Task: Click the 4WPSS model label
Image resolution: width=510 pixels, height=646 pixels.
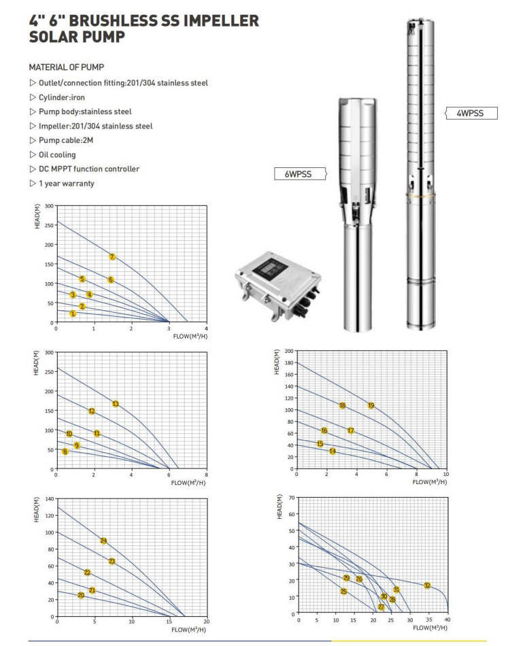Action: point(470,114)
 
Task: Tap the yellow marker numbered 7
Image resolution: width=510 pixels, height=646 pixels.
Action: point(112,256)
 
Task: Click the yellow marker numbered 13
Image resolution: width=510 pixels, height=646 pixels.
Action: point(116,404)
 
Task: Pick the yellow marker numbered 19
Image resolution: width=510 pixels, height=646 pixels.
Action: point(371,405)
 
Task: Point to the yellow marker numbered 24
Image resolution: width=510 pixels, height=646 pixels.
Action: point(103,541)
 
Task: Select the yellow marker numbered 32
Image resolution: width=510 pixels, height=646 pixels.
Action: point(427,585)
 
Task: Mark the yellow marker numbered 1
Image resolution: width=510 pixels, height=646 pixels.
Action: point(73,313)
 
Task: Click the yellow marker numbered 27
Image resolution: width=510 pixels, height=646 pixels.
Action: point(381,607)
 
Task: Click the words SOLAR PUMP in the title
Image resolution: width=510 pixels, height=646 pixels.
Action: point(77,37)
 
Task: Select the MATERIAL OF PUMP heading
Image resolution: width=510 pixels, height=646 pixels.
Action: point(66,68)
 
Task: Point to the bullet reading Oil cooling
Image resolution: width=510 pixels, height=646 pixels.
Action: point(57,154)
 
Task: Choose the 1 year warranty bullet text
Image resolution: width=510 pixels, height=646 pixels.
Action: point(66,183)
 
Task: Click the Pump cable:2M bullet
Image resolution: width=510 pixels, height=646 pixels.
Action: point(66,140)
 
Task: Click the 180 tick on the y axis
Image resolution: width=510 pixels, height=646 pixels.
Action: point(288,363)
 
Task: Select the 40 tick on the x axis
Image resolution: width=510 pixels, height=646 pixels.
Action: point(447,620)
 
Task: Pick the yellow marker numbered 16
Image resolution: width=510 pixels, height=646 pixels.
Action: point(324,430)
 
